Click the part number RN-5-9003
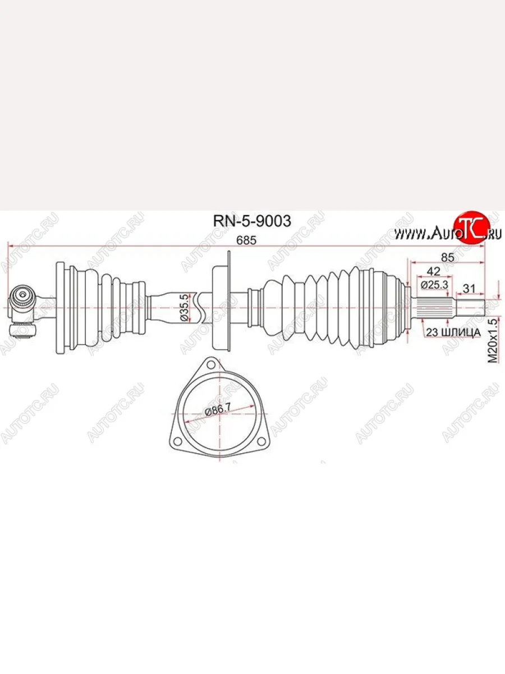pyautogui.click(x=252, y=221)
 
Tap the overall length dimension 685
pyautogui.click(x=246, y=240)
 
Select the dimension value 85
pyautogui.click(x=447, y=257)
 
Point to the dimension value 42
pyautogui.click(x=433, y=271)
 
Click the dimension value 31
pyautogui.click(x=469, y=289)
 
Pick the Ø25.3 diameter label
pyautogui.click(x=434, y=285)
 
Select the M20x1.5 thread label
pyautogui.click(x=493, y=341)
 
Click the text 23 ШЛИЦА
pyautogui.click(x=453, y=333)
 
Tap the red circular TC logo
pyautogui.click(x=468, y=228)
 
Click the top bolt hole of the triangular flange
pyautogui.click(x=210, y=365)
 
